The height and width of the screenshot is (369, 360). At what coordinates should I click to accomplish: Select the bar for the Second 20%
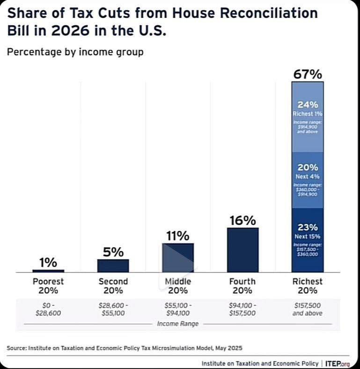pyautogui.click(x=113, y=266)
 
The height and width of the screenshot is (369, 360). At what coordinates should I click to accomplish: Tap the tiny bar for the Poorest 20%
pyautogui.click(x=48, y=271)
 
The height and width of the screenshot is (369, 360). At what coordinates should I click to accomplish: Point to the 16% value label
pyautogui.click(x=242, y=221)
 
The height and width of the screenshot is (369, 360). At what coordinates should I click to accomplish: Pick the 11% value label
pyautogui.click(x=178, y=236)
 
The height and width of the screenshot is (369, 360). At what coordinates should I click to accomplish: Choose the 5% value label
pyautogui.click(x=113, y=252)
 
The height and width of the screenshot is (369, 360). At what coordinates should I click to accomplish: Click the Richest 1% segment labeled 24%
pyautogui.click(x=308, y=117)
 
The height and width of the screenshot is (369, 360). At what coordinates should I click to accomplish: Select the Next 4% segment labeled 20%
pyautogui.click(x=308, y=180)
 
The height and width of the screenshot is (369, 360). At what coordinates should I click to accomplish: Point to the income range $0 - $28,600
pyautogui.click(x=48, y=309)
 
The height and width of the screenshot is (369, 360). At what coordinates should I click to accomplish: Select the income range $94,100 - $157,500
pyautogui.click(x=242, y=309)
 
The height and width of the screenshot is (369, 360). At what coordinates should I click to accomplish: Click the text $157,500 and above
pyautogui.click(x=308, y=309)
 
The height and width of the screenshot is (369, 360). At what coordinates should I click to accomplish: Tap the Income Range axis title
pyautogui.click(x=178, y=324)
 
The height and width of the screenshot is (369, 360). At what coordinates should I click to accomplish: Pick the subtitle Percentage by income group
pyautogui.click(x=75, y=52)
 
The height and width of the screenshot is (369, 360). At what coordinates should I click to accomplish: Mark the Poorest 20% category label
pyautogui.click(x=48, y=286)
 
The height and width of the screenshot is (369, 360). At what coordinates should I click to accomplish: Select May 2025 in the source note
pyautogui.click(x=228, y=348)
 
